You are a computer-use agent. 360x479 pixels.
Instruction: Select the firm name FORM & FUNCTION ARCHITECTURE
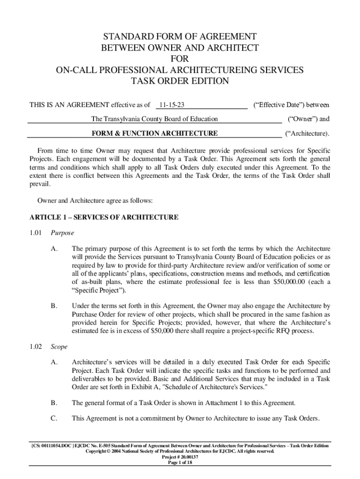154,133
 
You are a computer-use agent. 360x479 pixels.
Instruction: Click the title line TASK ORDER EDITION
180,81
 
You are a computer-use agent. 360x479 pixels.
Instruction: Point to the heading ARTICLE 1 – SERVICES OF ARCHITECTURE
104,217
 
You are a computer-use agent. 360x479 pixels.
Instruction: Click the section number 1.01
36,232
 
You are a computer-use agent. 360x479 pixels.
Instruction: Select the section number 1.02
36,347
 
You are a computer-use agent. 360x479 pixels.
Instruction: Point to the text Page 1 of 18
180,463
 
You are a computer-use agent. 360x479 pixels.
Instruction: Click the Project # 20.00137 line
180,457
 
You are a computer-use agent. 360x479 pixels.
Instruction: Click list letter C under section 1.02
54,418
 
